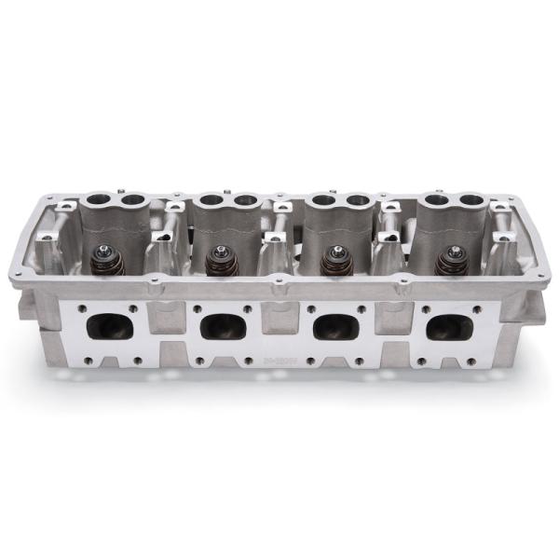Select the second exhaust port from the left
click(x=223, y=325)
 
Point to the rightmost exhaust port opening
click(x=448, y=327)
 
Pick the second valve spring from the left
click(x=220, y=258)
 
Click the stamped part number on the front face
click(x=279, y=356)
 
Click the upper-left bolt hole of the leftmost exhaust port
click(x=84, y=307)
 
